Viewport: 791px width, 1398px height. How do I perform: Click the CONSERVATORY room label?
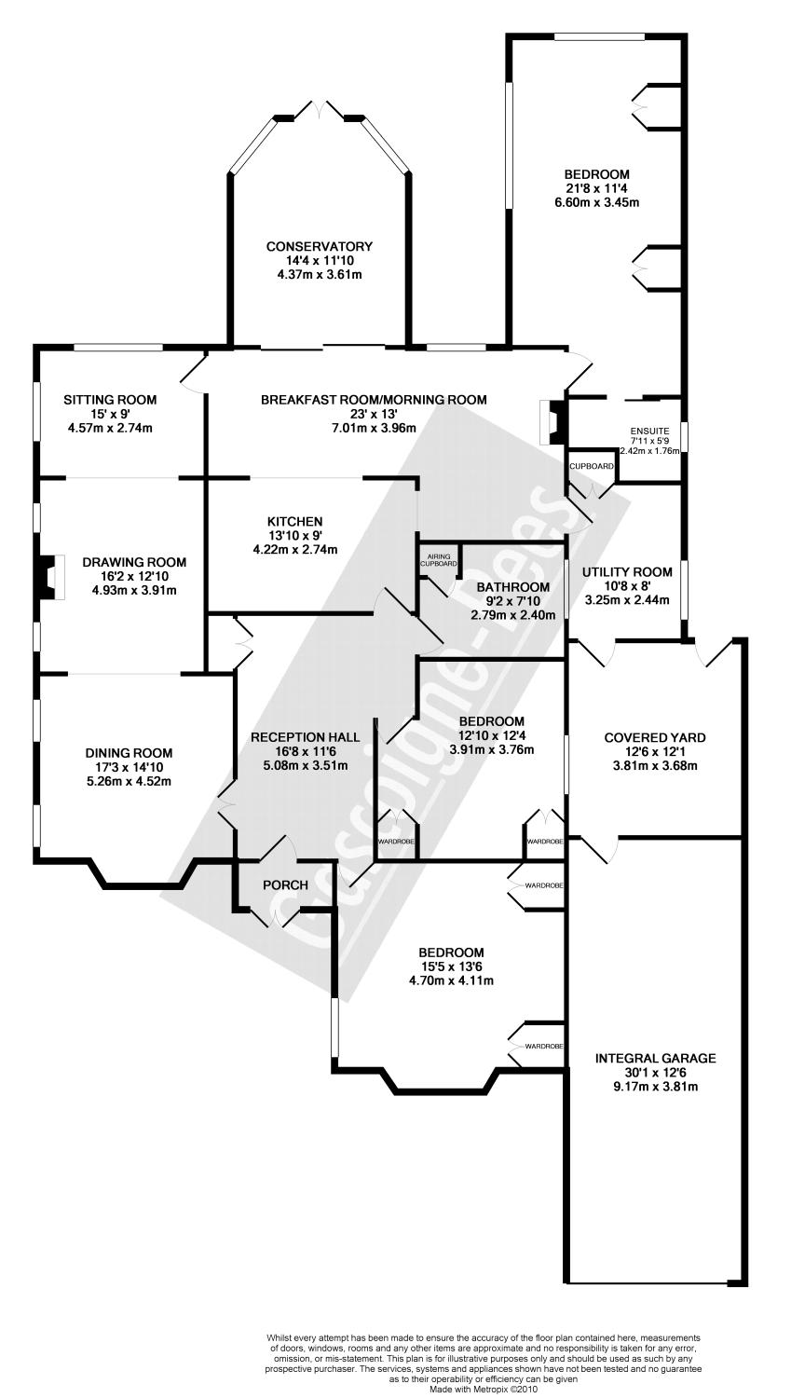coord(319,246)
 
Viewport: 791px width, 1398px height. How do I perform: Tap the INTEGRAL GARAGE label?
coord(655,1058)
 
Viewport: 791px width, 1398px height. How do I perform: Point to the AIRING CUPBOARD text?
coord(438,560)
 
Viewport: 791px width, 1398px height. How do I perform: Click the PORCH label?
coord(285,884)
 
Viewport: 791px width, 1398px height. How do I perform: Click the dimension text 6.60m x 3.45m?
coord(596,203)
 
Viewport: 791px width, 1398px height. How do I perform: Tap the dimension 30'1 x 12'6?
coord(655,1073)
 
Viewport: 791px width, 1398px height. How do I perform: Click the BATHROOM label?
coord(512,587)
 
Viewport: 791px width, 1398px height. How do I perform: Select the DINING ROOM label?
coord(129,753)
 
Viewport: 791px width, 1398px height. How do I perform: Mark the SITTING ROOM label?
coord(110,400)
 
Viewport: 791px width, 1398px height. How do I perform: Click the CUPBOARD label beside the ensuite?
coord(592,465)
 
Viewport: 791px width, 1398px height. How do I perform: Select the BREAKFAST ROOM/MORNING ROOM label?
coord(374,400)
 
